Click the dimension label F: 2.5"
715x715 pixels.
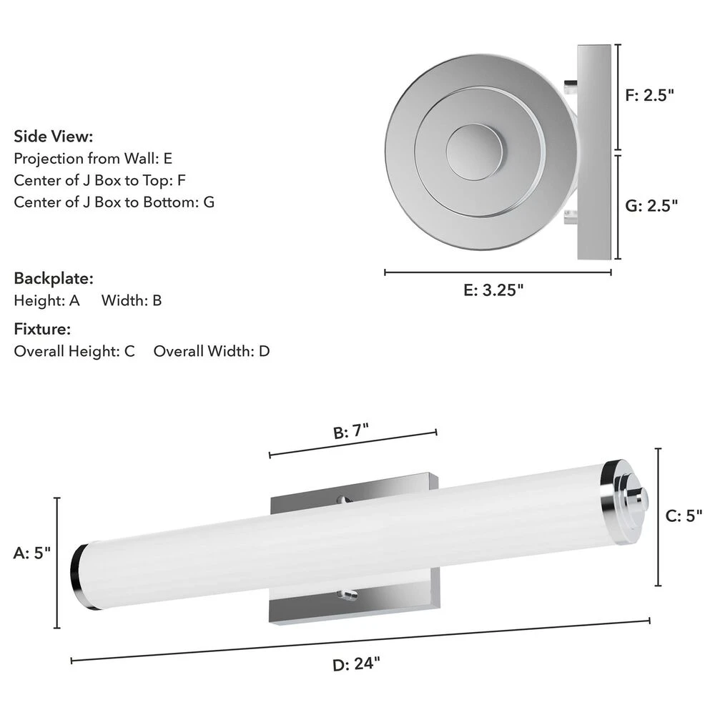pyautogui.click(x=649, y=95)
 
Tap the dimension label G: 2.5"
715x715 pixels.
pyautogui.click(x=651, y=206)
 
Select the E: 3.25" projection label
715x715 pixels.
pyautogui.click(x=493, y=290)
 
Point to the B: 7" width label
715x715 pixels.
pyautogui.click(x=350, y=431)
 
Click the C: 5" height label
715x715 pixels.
pyautogui.click(x=684, y=516)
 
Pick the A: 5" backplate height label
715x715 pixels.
pyautogui.click(x=32, y=553)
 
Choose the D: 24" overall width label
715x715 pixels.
pyautogui.click(x=356, y=664)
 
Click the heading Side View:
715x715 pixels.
pyautogui.click(x=54, y=137)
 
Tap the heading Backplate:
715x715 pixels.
pyautogui.click(x=54, y=278)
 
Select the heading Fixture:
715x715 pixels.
pyautogui.click(x=42, y=329)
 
